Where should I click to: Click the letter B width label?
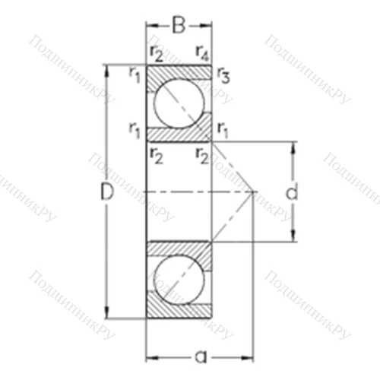(178, 25)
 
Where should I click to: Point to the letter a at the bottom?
(200, 355)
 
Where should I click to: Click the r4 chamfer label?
(202, 52)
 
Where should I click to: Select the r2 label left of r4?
(156, 52)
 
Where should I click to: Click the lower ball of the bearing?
(179, 279)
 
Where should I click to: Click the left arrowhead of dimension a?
(150, 356)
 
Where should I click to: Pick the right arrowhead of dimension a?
(251, 356)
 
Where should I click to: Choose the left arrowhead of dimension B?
(150, 25)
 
